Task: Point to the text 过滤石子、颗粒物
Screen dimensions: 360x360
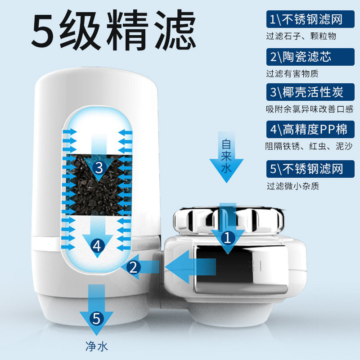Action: pyautogui.click(x=301, y=36)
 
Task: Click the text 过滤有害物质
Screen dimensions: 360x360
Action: pyautogui.click(x=292, y=73)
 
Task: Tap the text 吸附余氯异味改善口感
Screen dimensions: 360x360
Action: pyautogui.click(x=310, y=109)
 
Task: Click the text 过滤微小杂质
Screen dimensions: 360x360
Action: pyautogui.click(x=292, y=185)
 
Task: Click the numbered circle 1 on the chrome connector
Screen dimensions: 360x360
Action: pyautogui.click(x=228, y=237)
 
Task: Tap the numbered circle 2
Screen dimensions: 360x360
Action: pyautogui.click(x=133, y=267)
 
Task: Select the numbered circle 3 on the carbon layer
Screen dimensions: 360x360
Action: pyautogui.click(x=99, y=168)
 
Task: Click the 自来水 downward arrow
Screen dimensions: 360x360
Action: pyautogui.click(x=227, y=157)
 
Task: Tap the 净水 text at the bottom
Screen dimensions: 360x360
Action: pyautogui.click(x=96, y=346)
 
